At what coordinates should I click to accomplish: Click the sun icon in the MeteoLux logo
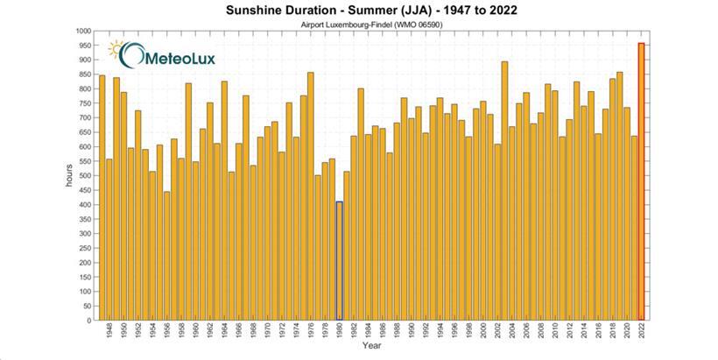tap(116, 50)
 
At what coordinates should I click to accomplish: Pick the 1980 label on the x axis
tap(339, 334)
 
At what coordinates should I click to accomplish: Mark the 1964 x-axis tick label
tap(224, 334)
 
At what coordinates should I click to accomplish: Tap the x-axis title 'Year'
tap(371, 348)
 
